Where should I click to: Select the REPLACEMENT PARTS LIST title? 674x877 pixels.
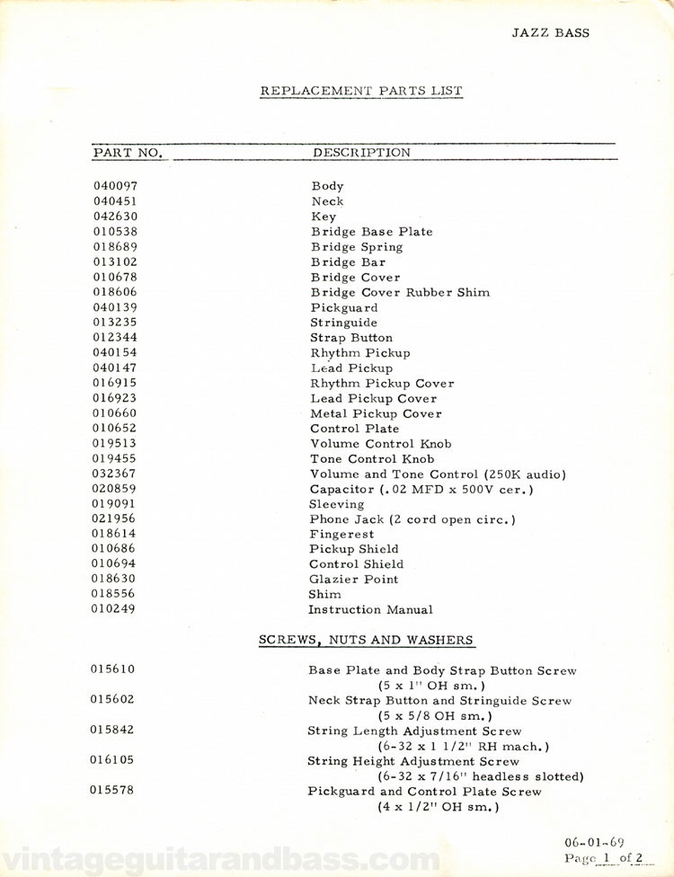point(361,91)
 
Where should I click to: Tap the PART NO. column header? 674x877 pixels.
point(128,153)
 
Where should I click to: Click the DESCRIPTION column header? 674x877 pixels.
point(361,153)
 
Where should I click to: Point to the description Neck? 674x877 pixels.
point(327,201)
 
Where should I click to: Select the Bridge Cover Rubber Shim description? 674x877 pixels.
point(400,292)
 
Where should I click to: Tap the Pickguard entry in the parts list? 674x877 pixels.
point(344,307)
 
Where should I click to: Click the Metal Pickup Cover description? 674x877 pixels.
point(376,413)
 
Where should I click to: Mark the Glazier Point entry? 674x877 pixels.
point(353,580)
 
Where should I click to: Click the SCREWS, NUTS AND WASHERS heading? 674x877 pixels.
point(366,640)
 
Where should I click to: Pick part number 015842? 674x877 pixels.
point(114,731)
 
